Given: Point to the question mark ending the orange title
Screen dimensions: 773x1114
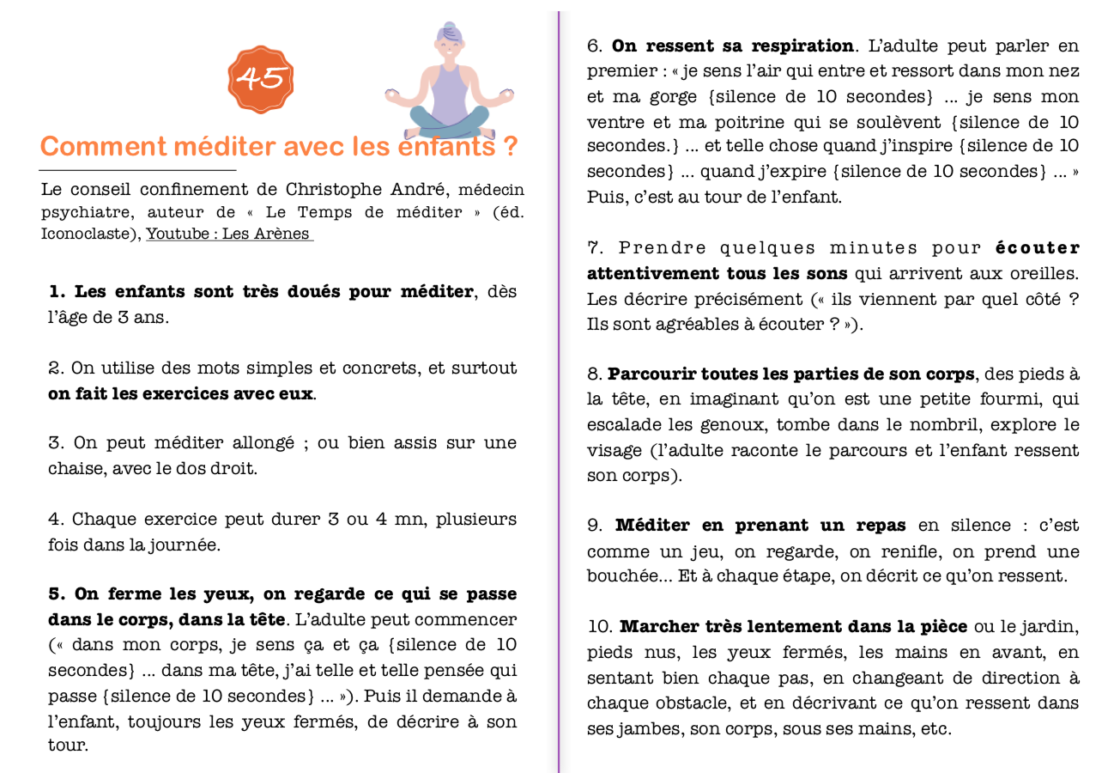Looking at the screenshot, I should [511, 147].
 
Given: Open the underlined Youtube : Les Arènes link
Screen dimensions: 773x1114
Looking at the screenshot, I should [229, 234].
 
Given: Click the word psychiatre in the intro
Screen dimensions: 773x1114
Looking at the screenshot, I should [82, 212].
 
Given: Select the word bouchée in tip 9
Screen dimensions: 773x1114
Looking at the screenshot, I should [627, 575].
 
